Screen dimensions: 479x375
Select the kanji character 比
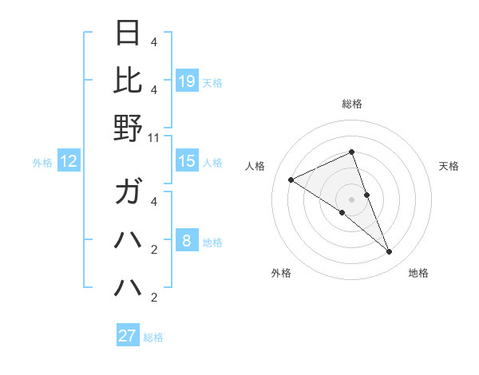click(x=128, y=80)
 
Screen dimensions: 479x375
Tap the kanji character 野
click(x=128, y=128)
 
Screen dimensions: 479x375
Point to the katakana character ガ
click(x=128, y=192)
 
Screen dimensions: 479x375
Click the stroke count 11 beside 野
click(x=154, y=138)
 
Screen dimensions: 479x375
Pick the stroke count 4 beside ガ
click(x=154, y=202)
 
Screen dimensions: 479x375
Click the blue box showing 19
click(x=187, y=81)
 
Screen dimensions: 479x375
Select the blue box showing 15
click(x=187, y=161)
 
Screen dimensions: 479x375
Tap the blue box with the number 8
click(x=187, y=241)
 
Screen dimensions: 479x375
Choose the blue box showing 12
click(x=69, y=161)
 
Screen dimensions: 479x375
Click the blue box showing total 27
click(x=128, y=336)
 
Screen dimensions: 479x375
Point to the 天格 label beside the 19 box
click(x=212, y=82)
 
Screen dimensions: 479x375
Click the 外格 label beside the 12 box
click(x=42, y=163)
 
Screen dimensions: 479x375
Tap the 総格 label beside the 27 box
click(x=153, y=337)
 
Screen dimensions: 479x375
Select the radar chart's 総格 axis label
click(x=352, y=104)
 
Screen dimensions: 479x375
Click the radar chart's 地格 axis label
click(x=418, y=273)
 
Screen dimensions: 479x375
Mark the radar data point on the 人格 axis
click(x=291, y=180)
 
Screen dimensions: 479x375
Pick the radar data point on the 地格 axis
click(x=390, y=252)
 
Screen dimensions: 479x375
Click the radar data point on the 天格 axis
click(x=366, y=195)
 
